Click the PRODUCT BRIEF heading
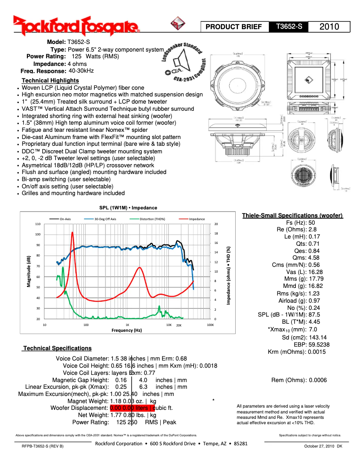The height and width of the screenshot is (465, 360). [233, 27]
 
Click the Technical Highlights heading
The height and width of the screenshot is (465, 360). [50, 80]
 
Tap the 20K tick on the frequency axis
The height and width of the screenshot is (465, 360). [178, 325]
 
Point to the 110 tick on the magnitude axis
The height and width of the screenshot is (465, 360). [38, 224]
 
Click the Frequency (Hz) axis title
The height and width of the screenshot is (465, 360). [127, 330]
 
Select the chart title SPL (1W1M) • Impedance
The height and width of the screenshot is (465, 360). [128, 208]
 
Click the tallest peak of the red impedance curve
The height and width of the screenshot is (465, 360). [72, 233]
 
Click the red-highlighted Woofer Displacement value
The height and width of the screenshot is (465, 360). [132, 408]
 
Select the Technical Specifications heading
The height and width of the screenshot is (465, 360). [57, 348]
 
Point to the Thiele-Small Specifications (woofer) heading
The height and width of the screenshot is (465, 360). [292, 216]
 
